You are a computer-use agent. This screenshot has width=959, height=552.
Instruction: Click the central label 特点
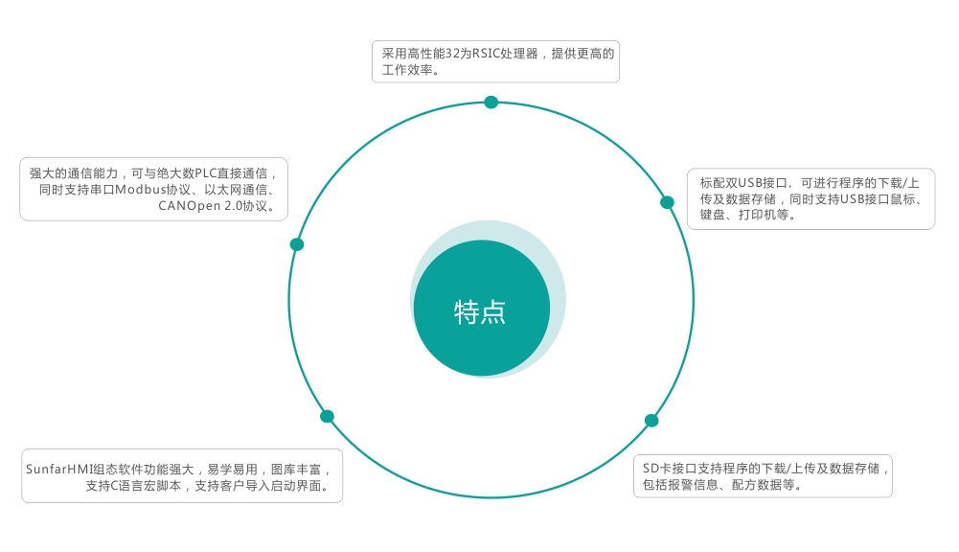[480, 312]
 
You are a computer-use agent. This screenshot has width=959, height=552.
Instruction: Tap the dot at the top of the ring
[491, 103]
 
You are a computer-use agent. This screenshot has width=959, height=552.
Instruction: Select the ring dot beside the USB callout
[667, 202]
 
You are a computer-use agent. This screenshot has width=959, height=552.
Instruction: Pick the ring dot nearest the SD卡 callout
[651, 421]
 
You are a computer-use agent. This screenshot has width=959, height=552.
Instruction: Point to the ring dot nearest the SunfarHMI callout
[328, 416]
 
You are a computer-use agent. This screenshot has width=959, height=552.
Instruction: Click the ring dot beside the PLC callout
[297, 244]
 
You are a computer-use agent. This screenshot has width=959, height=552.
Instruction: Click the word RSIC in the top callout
[487, 54]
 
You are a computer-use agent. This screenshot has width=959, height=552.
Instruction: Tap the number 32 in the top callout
[452, 54]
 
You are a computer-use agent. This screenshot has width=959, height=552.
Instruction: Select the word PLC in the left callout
[206, 173]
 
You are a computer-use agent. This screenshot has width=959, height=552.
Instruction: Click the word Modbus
[141, 190]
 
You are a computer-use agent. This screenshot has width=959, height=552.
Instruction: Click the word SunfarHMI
[58, 470]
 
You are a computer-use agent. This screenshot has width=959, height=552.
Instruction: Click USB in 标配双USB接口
[749, 183]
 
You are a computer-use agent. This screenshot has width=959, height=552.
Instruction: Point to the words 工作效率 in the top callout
[407, 70]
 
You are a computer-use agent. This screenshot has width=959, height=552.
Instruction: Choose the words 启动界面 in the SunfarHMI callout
[296, 486]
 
